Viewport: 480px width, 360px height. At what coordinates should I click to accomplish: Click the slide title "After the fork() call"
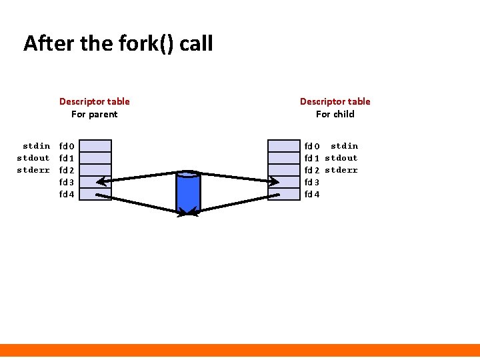(x=118, y=44)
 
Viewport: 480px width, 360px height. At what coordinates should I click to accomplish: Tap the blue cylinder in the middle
(x=188, y=191)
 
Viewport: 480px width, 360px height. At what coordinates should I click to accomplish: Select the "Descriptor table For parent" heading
(x=94, y=107)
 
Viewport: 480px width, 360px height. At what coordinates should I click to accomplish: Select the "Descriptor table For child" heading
(x=335, y=107)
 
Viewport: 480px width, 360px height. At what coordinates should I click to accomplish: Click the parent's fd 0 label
(x=67, y=146)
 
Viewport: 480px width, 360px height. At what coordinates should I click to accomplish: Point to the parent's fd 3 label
(x=67, y=182)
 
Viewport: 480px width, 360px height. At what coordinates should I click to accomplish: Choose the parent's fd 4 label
(x=67, y=194)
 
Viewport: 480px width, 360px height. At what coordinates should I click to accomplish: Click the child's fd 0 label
(x=312, y=146)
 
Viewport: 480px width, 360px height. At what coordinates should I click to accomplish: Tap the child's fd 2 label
(x=312, y=170)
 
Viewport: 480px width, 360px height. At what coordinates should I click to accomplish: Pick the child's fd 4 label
(x=312, y=194)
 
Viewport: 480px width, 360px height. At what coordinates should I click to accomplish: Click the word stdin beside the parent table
(x=36, y=146)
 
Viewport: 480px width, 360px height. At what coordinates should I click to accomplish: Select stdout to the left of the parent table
(x=33, y=158)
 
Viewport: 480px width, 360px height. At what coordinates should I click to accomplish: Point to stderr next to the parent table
(x=33, y=170)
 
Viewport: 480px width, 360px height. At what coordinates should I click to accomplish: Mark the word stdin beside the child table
(x=344, y=146)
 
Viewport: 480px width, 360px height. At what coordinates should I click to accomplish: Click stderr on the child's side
(x=341, y=170)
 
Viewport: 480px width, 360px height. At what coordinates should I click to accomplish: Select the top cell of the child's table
(x=284, y=146)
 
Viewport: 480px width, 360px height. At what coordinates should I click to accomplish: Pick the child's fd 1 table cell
(x=284, y=158)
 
